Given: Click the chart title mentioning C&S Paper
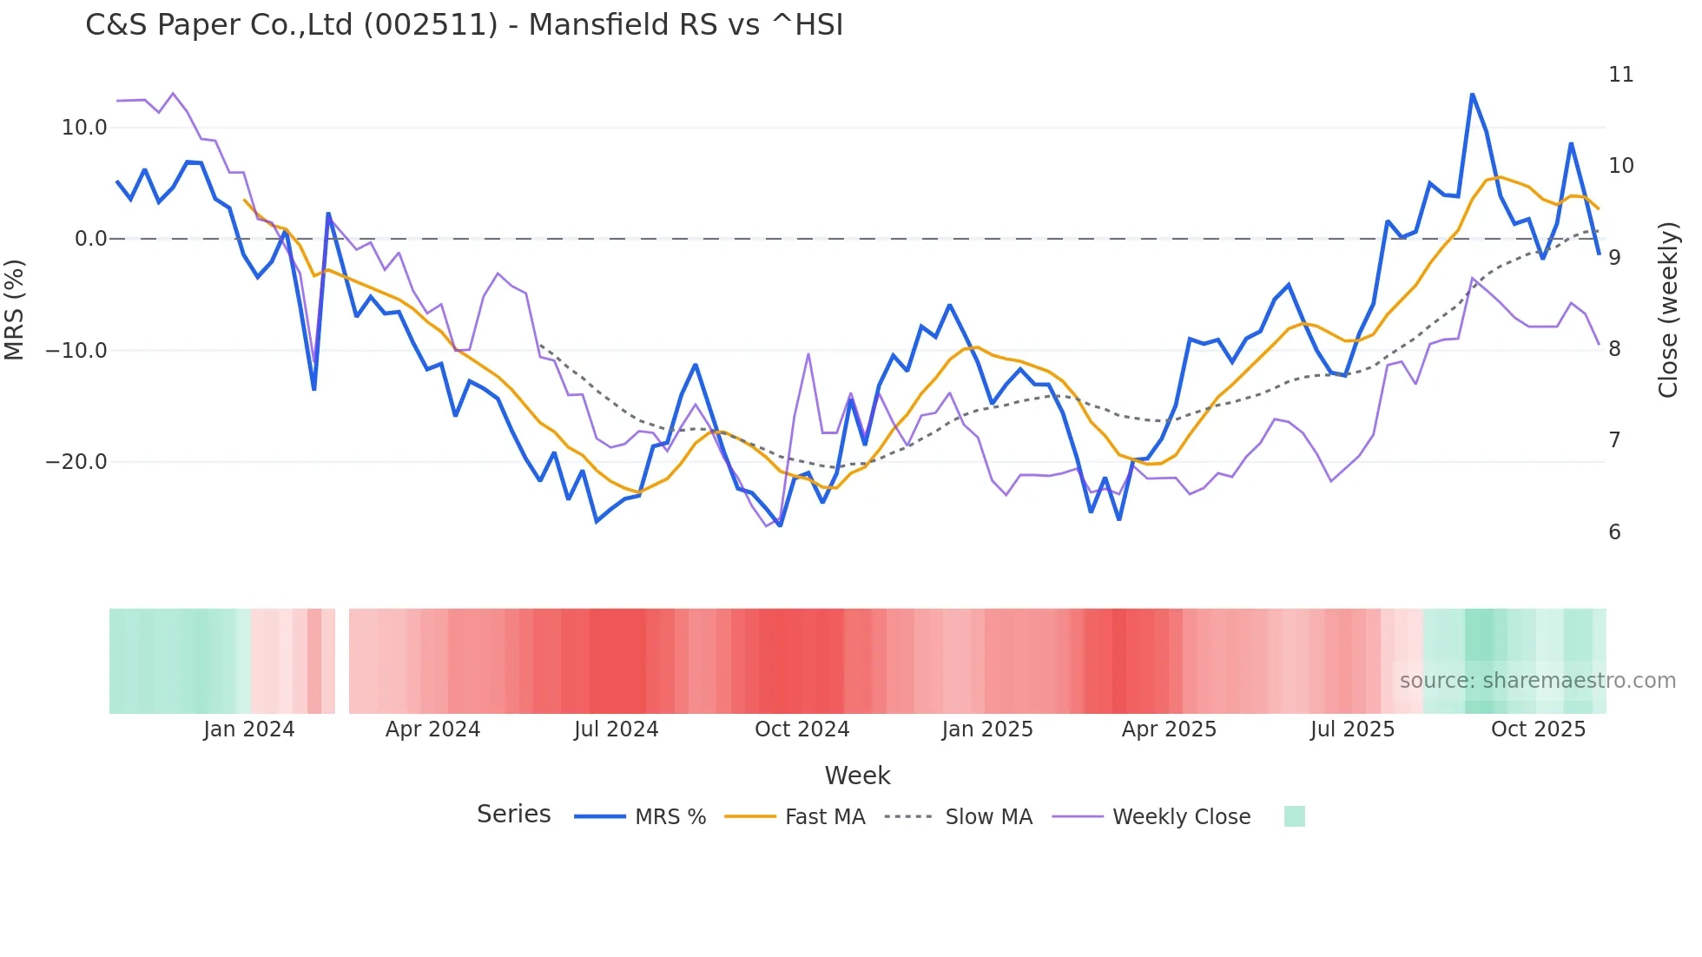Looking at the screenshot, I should point(464,25).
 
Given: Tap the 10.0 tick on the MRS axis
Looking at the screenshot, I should point(84,128).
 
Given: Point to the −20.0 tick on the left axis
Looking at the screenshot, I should point(77,462).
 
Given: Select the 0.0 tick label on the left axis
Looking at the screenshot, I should point(91,239).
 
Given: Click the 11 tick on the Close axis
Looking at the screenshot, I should point(1620,75).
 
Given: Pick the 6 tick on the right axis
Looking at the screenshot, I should point(1614,532).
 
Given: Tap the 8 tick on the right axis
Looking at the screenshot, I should point(1614,349).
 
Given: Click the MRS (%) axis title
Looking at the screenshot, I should point(15,309).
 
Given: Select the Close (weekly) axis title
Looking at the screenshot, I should point(1668,310).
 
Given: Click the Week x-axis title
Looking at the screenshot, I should point(857,775).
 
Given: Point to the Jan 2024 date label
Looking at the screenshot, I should point(249,729).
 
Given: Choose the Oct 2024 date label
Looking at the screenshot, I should point(802,729).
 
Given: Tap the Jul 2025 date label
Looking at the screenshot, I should point(1352,729).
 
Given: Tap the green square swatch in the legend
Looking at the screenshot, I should point(1294,816).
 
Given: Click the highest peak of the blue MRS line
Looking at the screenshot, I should point(1472,94).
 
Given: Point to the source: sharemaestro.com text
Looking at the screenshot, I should point(1537,681).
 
